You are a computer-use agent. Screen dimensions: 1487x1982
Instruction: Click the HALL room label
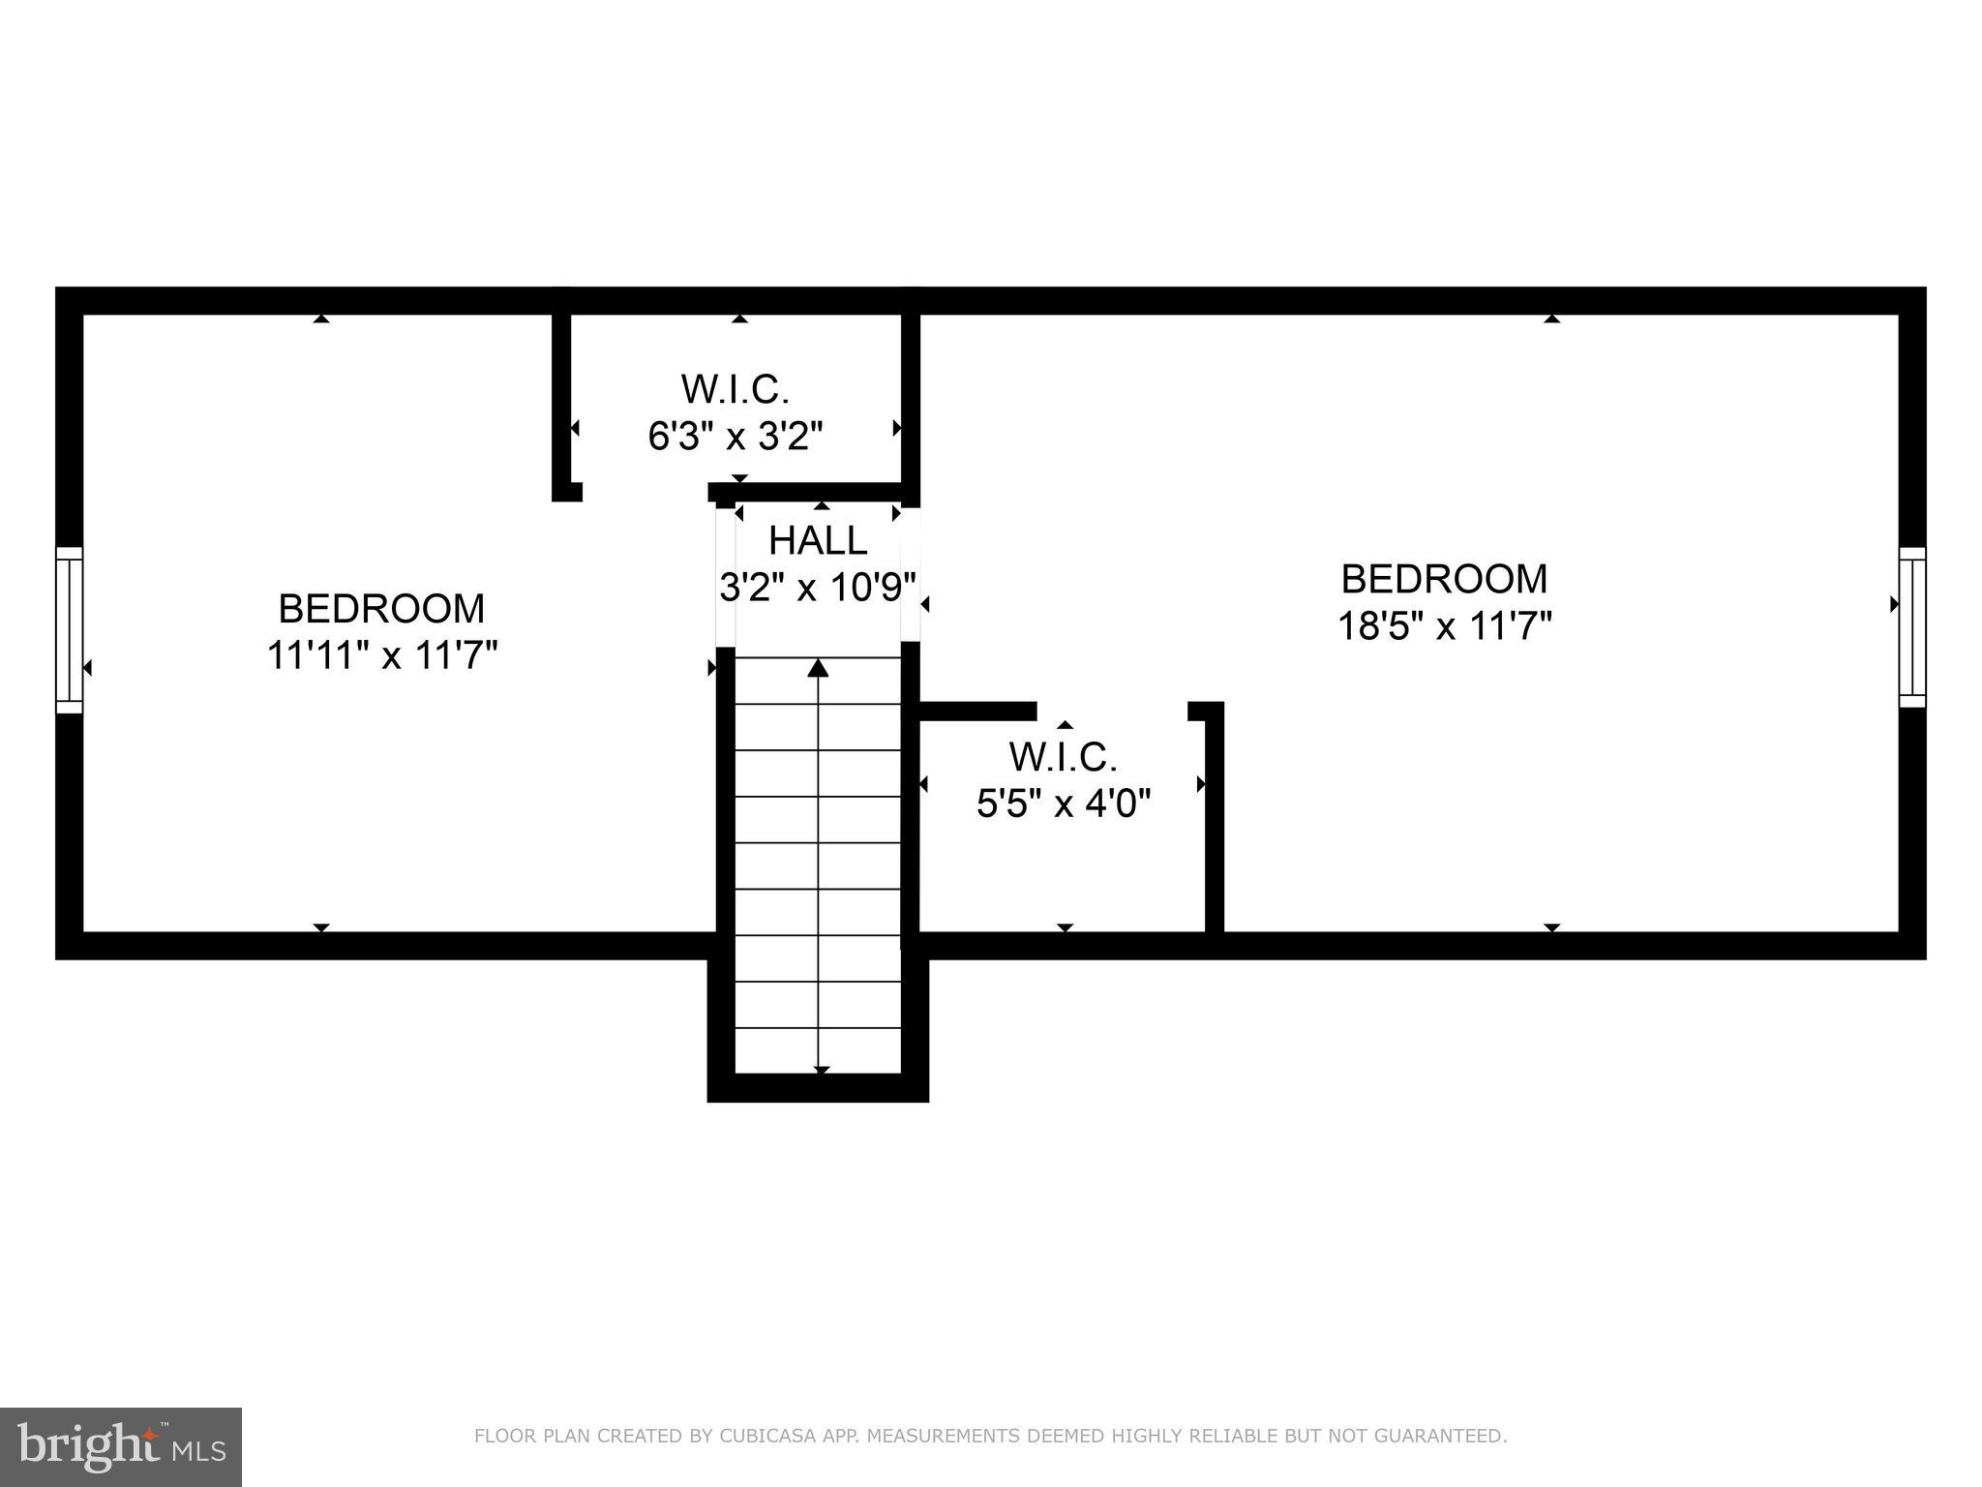[818, 540]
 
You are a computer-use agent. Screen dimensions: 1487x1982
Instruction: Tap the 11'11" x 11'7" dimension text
[382, 656]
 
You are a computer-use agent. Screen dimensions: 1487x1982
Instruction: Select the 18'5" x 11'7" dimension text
[1444, 625]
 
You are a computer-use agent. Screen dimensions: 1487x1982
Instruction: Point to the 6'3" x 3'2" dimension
[736, 437]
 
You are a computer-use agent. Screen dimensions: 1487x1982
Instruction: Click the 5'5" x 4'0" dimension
[1064, 804]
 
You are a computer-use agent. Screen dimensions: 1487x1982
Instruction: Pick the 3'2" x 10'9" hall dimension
[818, 587]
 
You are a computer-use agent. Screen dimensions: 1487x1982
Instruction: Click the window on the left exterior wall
[69, 629]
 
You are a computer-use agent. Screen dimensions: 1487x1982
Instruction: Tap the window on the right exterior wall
[1911, 626]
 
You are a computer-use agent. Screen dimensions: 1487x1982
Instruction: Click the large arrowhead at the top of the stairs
[819, 667]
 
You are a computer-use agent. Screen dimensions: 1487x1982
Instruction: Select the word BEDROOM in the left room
[381, 609]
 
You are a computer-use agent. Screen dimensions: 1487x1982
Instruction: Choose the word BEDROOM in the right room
[1444, 579]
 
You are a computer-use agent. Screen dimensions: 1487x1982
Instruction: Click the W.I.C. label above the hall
[736, 389]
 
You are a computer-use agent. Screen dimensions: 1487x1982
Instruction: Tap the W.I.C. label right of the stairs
[1064, 756]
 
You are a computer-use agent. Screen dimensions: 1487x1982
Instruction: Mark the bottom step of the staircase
[819, 1050]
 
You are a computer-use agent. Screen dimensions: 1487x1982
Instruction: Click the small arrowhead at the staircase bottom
[822, 1070]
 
